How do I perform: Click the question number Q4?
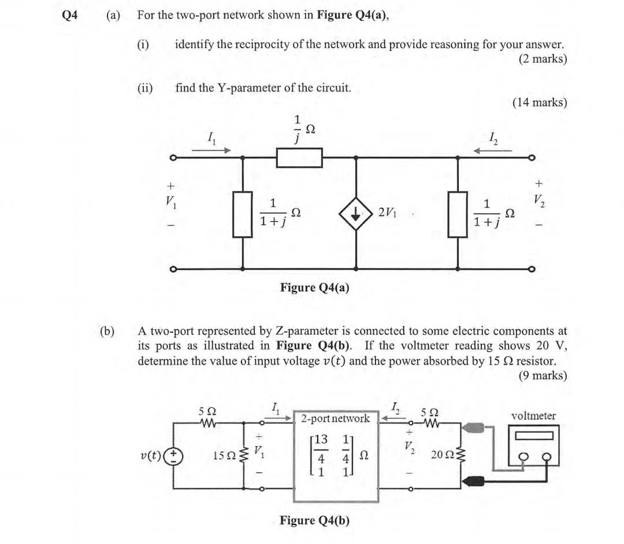click(70, 16)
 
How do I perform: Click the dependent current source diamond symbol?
click(355, 213)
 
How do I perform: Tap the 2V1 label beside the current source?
click(388, 212)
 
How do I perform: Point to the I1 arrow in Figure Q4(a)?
click(211, 150)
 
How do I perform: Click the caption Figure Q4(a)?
click(314, 288)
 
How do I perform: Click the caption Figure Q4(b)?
click(314, 520)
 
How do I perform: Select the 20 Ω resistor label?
click(442, 455)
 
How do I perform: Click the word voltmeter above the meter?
click(533, 416)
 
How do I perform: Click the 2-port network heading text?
click(335, 418)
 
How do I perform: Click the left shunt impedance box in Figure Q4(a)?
click(243, 213)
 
